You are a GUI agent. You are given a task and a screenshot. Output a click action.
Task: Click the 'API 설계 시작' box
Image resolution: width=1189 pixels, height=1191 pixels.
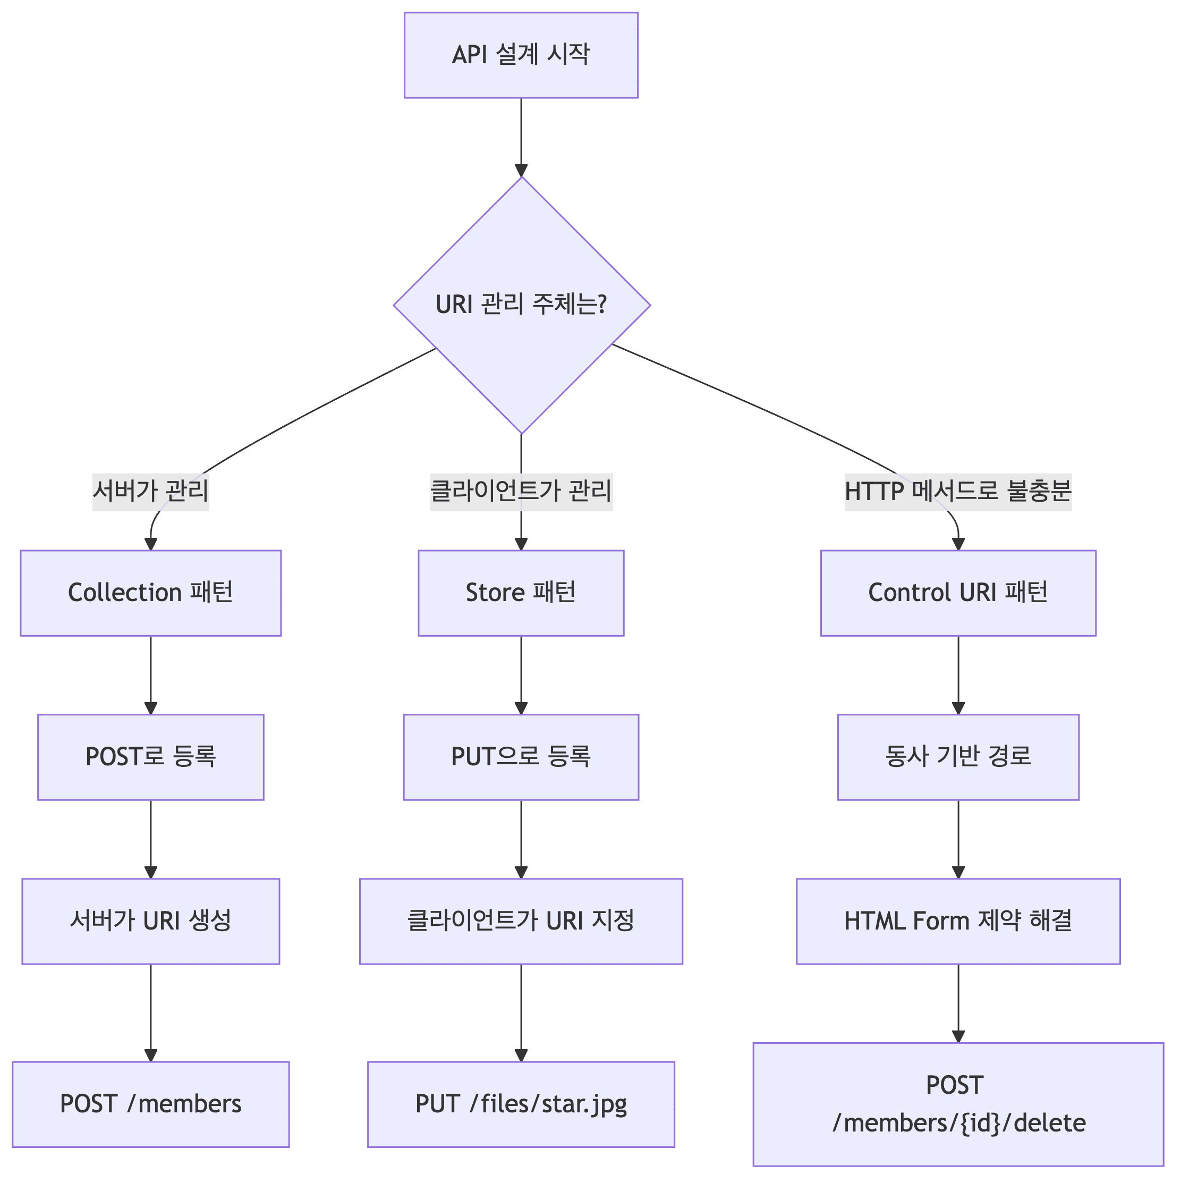(x=521, y=55)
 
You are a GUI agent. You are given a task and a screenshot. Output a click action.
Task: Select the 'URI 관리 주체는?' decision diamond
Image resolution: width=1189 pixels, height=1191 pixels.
(x=522, y=305)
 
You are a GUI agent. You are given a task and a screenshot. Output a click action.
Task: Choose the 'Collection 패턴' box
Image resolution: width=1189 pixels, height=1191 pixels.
(x=150, y=593)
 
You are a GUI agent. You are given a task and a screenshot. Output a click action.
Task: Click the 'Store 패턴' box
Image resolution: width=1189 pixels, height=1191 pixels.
(x=521, y=593)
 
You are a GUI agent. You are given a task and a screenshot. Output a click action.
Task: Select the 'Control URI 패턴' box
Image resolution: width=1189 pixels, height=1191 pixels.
(x=958, y=593)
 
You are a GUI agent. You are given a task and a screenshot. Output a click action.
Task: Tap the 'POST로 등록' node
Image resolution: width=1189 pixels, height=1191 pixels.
(x=150, y=757)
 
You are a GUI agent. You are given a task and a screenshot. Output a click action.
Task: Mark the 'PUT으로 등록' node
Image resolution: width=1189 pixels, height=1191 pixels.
(x=521, y=757)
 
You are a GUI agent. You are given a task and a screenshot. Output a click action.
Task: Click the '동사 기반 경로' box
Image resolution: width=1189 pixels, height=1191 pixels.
(x=958, y=757)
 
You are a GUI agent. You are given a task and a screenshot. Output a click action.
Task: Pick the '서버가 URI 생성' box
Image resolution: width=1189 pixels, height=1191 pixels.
(x=150, y=921)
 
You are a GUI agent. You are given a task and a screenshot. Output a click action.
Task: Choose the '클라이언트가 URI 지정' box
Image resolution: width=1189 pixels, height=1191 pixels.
(x=521, y=921)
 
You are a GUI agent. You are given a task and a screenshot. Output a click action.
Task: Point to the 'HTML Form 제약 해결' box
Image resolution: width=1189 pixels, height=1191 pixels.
(x=958, y=921)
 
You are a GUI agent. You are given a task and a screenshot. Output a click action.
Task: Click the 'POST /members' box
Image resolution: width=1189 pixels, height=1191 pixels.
(x=150, y=1104)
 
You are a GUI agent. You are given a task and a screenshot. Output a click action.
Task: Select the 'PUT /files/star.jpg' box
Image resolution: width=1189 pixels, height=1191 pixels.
(x=521, y=1104)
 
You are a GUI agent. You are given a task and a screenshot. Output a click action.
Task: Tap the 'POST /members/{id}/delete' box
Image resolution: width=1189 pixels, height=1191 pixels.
(x=958, y=1104)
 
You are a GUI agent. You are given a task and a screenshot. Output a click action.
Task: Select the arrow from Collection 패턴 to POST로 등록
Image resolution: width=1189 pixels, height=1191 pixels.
(x=150, y=675)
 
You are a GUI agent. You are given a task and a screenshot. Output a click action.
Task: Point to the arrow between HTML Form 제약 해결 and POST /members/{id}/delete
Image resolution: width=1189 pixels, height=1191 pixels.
(x=958, y=1003)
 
